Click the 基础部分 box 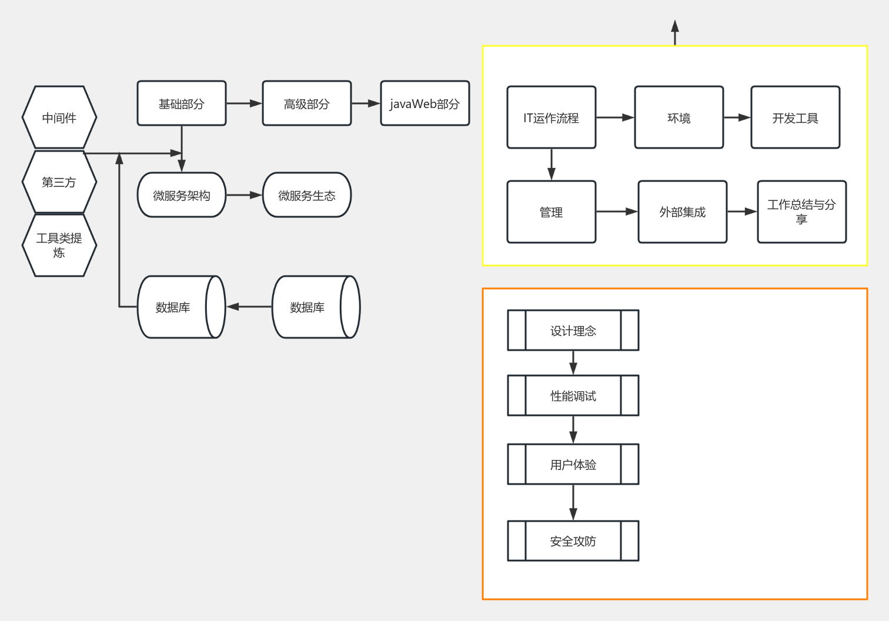[181, 103]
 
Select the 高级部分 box [306, 103]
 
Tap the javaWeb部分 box [425, 103]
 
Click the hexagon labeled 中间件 [59, 118]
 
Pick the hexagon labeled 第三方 [59, 182]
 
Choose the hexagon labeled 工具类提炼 [59, 245]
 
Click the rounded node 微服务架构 [181, 195]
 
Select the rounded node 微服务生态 [306, 195]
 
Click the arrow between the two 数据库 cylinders [250, 307]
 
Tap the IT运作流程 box [551, 118]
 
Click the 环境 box [679, 118]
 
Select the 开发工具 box [795, 118]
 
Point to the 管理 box [551, 212]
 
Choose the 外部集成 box [682, 212]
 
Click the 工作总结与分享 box [801, 212]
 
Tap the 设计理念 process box [573, 330]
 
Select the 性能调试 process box [573, 395]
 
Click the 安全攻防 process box [573, 541]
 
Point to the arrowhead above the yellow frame [675, 26]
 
